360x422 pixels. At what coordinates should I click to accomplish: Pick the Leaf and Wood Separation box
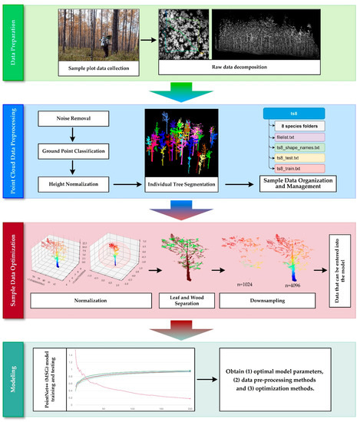tap(182, 294)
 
